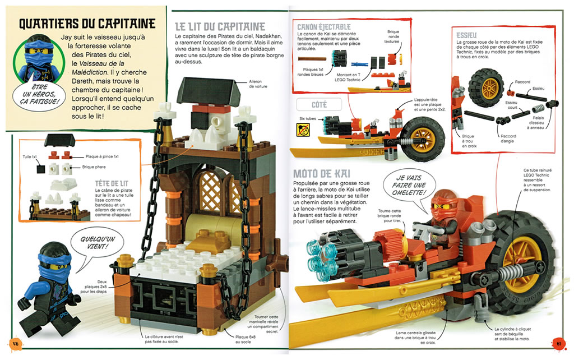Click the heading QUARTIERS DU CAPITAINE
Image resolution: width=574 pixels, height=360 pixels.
point(87,24)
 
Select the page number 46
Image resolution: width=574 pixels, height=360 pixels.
point(15,344)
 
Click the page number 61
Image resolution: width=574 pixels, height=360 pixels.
point(559,344)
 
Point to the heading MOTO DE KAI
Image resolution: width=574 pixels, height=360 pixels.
point(322,173)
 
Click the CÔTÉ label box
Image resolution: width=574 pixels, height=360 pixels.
point(319,105)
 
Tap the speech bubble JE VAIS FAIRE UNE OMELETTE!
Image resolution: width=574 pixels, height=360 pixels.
point(409,185)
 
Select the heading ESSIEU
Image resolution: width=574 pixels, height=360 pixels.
point(466,35)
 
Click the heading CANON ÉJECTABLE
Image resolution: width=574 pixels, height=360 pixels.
point(323,27)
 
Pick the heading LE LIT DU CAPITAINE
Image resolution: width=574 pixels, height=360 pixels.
point(220,27)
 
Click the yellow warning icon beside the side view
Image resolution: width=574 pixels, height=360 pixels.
point(303,130)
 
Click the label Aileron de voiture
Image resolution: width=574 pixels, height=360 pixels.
point(258,84)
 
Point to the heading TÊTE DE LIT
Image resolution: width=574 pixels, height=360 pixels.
point(112,183)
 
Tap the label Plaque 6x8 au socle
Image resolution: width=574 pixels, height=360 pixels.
point(246,339)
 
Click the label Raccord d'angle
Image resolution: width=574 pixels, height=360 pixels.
point(508,139)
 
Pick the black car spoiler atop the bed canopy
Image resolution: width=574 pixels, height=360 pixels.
point(209,89)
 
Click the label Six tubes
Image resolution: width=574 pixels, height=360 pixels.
point(308,119)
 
